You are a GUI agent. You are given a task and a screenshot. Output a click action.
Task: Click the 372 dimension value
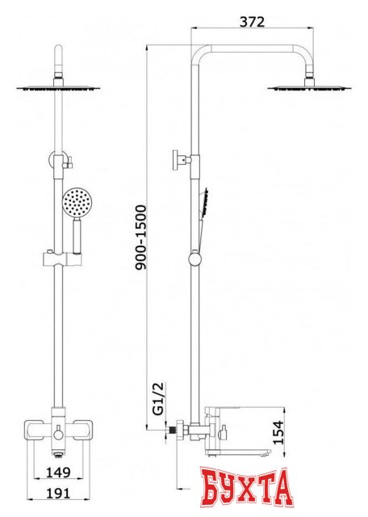pos(252,22)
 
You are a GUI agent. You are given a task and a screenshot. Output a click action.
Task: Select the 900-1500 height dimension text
pos(140,237)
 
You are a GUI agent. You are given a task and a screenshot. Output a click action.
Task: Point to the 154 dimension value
pos(278,432)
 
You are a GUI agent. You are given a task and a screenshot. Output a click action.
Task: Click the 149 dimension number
pos(58,472)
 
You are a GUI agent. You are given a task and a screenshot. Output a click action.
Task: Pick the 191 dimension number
pos(58,494)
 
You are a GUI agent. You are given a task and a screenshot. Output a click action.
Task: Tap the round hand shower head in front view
pos(75,203)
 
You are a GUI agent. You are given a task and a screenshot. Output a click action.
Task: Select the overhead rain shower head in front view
pos(58,88)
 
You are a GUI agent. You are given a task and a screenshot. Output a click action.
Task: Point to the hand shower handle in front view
pos(77,236)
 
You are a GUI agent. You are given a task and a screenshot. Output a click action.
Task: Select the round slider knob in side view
pos(195,259)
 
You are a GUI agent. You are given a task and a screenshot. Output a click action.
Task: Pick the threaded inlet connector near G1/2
pos(171,431)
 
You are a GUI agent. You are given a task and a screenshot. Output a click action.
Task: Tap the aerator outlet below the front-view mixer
pos(58,456)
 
